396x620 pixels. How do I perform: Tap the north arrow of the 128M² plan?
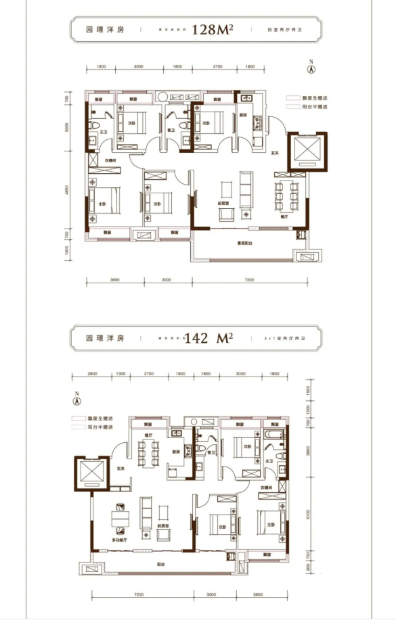click(x=311, y=66)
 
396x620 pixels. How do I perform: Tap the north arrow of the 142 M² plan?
click(x=77, y=398)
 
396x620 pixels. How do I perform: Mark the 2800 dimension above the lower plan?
click(x=93, y=375)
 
